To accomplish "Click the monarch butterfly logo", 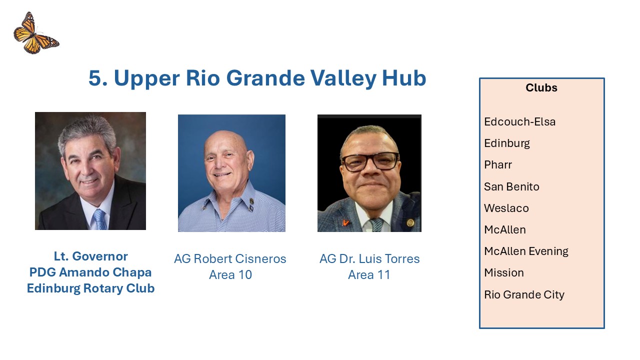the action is (36, 33).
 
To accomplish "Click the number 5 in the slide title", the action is (95, 77).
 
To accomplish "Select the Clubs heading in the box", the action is (541, 87).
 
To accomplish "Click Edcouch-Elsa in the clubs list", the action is (519, 121).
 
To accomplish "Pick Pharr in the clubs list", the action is (497, 165).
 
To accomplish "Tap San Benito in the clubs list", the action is (511, 186).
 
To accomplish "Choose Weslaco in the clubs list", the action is (506, 208).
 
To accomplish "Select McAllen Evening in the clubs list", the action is (526, 251).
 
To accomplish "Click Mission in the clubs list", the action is (504, 273).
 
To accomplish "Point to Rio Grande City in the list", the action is (524, 294).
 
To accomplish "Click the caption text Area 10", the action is (230, 275).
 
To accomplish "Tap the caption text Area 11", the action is (369, 275).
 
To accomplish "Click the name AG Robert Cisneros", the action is (230, 259).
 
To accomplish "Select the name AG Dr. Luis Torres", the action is (369, 259).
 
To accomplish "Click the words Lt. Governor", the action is (91, 256).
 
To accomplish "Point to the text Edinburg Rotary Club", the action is (91, 288).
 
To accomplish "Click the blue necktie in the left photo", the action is (100, 219).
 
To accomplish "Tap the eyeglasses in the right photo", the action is (370, 161).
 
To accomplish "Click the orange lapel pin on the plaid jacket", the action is (345, 222).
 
